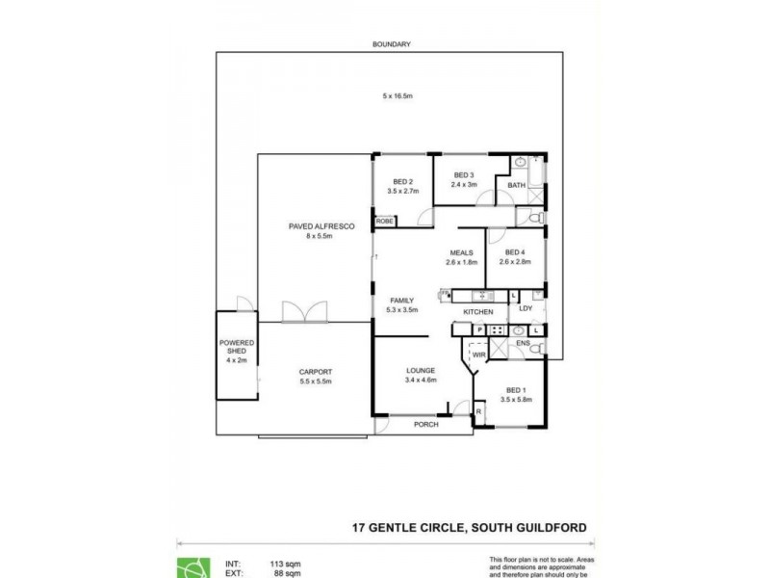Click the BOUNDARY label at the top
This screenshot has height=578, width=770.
[392, 44]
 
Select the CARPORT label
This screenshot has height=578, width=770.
[315, 372]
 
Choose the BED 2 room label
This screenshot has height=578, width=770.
[402, 182]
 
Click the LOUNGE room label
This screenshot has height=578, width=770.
[421, 370]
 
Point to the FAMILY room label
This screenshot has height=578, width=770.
[401, 301]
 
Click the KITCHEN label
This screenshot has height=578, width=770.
[478, 312]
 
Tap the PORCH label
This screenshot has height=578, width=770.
[425, 424]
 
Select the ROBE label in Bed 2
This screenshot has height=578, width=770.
[385, 222]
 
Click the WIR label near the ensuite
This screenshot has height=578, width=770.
[478, 355]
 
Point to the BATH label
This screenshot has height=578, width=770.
[517, 186]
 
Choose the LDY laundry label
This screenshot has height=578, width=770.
[526, 309]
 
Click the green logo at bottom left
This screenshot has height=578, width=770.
[191, 567]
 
